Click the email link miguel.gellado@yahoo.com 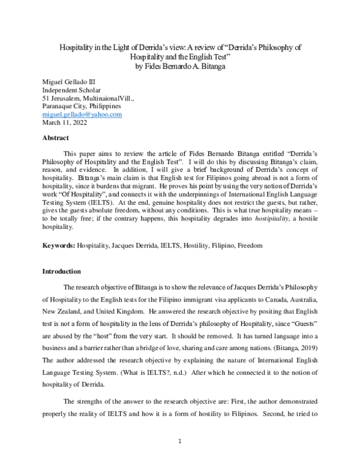click(x=82, y=114)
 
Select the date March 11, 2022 click(x=65, y=123)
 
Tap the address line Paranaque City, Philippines click(x=82, y=106)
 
